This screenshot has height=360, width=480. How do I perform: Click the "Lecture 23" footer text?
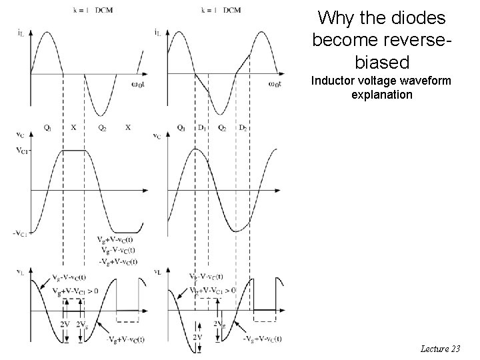pos(441,348)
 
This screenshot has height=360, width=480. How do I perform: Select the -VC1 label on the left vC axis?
pos(21,233)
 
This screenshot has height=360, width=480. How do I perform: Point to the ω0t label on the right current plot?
pos(274,83)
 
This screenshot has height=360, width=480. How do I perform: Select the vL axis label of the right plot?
pos(157,271)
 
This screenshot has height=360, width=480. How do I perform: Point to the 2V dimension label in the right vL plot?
pos(197,337)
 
